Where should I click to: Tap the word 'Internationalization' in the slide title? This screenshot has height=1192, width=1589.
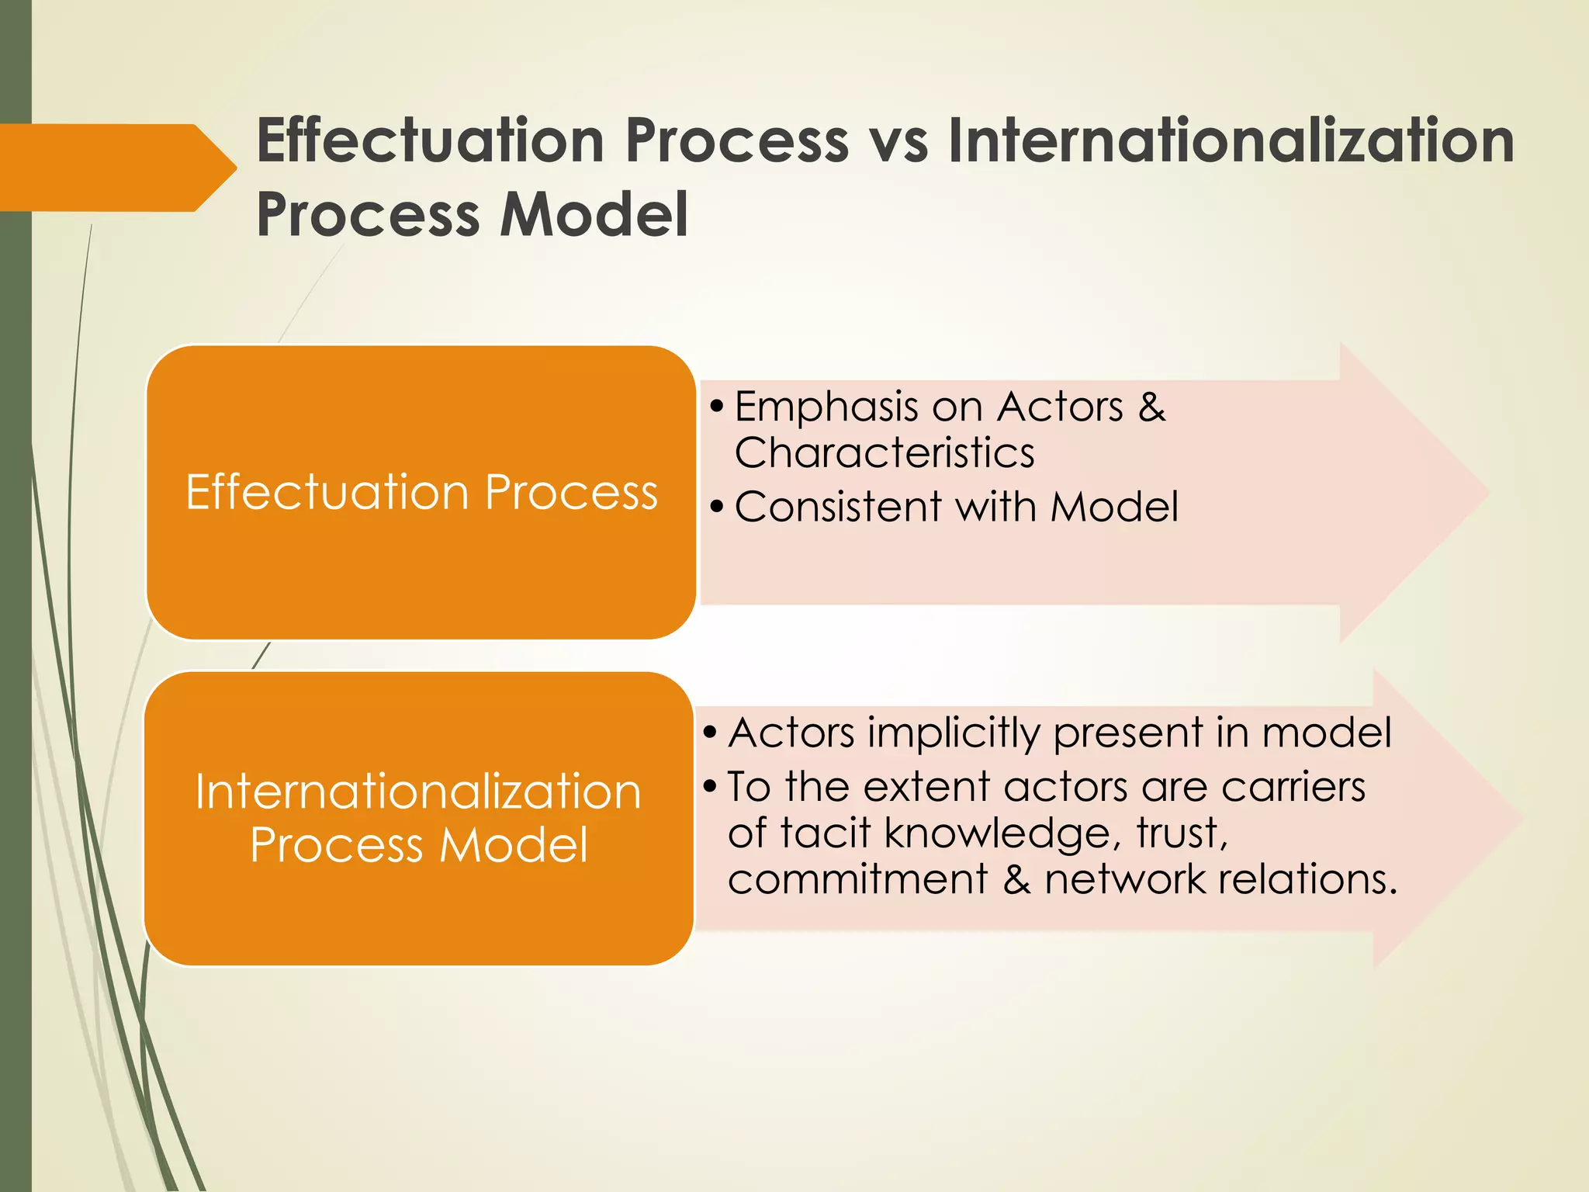1231,141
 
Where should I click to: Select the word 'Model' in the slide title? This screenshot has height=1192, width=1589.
594,215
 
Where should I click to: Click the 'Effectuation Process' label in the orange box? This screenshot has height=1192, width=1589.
421,492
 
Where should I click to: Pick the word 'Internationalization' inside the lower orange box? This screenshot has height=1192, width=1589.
418,792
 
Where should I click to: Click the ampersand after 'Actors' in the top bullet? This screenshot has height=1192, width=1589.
1151,407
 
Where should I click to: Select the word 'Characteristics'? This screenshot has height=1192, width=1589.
885,452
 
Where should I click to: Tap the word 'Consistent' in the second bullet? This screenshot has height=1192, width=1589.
838,507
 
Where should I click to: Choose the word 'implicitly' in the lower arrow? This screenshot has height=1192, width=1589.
954,733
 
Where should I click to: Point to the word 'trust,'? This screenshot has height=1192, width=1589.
1182,833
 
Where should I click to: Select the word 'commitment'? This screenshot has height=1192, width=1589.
858,879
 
